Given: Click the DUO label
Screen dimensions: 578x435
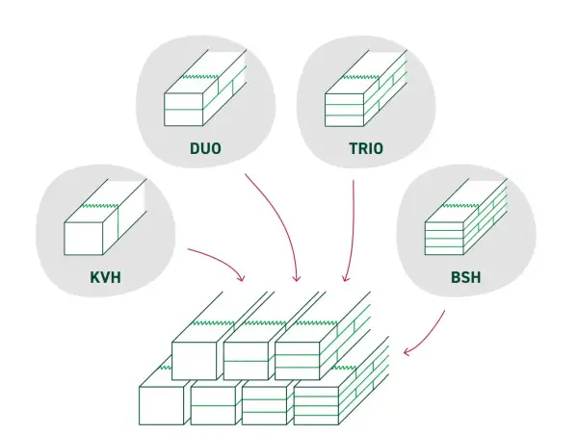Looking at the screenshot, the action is pyautogui.click(x=205, y=148).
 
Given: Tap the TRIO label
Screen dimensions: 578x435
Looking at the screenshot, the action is pyautogui.click(x=366, y=148).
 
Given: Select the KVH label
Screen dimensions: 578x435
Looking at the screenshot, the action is pyautogui.click(x=105, y=277).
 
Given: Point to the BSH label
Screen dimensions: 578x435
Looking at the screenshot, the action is pyautogui.click(x=466, y=277).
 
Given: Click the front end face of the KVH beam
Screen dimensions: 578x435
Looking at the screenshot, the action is pyautogui.click(x=83, y=239).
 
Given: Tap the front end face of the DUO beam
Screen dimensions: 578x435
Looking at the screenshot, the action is pyautogui.click(x=184, y=110).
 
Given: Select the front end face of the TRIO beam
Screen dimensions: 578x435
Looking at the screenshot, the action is pyautogui.click(x=344, y=110).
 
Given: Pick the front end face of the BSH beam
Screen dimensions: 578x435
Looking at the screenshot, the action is pyautogui.click(x=444, y=239).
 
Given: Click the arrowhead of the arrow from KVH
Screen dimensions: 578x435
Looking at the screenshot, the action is pyautogui.click(x=240, y=277).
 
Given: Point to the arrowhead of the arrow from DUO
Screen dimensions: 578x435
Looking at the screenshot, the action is pyautogui.click(x=297, y=278).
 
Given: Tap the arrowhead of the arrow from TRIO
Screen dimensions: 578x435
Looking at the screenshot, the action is pyautogui.click(x=345, y=278).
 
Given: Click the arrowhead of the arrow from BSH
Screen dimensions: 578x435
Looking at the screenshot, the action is pyautogui.click(x=407, y=351).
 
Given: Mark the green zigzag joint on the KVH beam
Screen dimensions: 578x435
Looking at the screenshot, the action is pyautogui.click(x=99, y=205).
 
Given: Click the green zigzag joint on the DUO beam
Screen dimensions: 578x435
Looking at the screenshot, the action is pyautogui.click(x=199, y=76).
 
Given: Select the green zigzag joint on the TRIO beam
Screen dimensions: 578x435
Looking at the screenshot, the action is pyautogui.click(x=360, y=77).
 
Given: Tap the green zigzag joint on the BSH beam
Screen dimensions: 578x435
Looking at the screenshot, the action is pyautogui.click(x=460, y=205).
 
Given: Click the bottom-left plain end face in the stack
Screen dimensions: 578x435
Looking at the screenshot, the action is pyautogui.click(x=162, y=406).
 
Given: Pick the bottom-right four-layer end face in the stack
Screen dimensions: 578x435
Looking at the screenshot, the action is pyautogui.click(x=316, y=406).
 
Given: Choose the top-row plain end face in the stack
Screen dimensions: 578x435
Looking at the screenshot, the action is pyautogui.click(x=195, y=361).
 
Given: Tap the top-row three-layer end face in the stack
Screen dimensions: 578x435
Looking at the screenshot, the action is pyautogui.click(x=297, y=361).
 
